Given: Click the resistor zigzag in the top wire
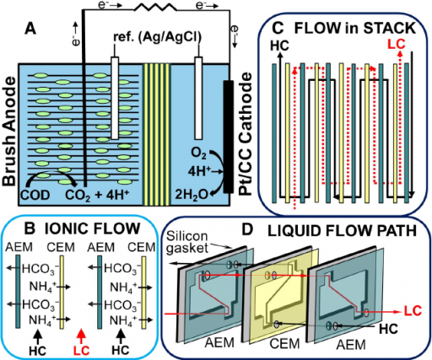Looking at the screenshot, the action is (155, 8).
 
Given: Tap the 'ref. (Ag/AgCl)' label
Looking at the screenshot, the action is (157, 37).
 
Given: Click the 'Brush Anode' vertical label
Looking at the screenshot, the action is (9, 132).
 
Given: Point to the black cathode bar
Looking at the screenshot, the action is (229, 137).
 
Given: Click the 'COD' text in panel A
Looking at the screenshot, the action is (35, 195).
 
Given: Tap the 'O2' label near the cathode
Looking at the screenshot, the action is (198, 153).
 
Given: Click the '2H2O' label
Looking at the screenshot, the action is (192, 195).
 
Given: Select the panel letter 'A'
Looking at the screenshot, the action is (30, 30).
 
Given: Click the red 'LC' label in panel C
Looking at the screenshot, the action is (397, 44).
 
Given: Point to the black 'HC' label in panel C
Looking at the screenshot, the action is (279, 46).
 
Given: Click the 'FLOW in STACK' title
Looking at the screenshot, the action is (354, 28).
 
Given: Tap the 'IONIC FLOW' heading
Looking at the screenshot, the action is (92, 228).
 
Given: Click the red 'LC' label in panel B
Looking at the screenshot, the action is (81, 351).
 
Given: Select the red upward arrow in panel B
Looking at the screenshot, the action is (81, 336).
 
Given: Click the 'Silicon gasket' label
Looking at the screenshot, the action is (187, 242).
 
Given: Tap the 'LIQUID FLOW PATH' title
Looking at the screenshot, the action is (342, 231).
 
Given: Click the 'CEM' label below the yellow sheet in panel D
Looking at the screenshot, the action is (284, 343).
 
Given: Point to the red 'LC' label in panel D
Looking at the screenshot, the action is (413, 310).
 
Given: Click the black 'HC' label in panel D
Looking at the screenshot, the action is (388, 329).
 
